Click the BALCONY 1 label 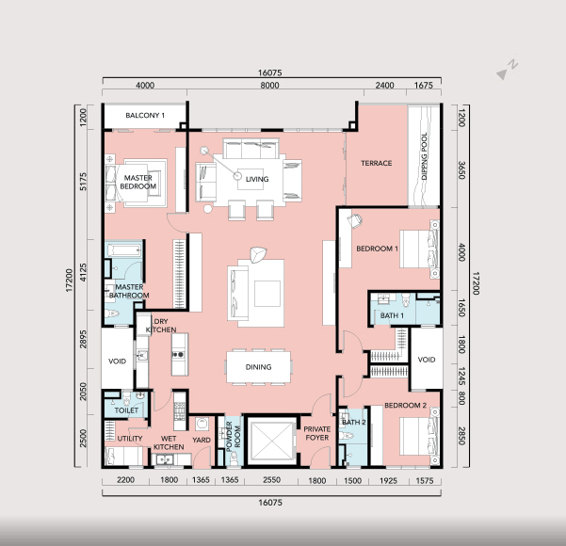click(x=145, y=116)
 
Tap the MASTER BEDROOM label click(x=137, y=183)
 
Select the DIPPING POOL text click(x=424, y=156)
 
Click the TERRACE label click(x=377, y=163)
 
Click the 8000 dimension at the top click(x=269, y=86)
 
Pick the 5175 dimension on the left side click(x=84, y=182)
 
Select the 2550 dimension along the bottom click(x=271, y=480)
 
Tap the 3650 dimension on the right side click(x=461, y=170)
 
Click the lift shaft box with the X click(x=272, y=441)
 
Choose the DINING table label click(x=258, y=367)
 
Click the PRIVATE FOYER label click(x=317, y=433)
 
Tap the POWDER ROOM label click(x=233, y=436)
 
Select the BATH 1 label click(x=392, y=315)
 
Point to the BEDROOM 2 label click(x=405, y=405)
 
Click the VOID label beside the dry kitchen click(x=118, y=361)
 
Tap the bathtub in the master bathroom click(x=124, y=249)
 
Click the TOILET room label click(x=126, y=410)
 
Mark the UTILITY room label click(x=130, y=439)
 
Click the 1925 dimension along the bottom click(x=388, y=481)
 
